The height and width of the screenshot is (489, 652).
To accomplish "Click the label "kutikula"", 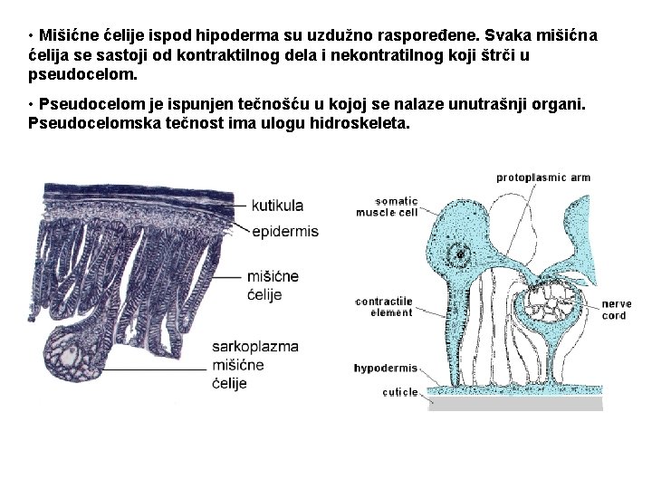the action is click(277, 206).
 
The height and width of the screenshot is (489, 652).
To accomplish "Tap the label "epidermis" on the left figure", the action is click(285, 231).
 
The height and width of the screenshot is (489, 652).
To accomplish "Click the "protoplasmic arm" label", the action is click(543, 177).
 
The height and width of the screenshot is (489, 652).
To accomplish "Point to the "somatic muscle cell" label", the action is click(387, 206).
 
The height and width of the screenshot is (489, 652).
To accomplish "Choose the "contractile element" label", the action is click(384, 307).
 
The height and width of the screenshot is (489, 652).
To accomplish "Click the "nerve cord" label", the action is click(616, 310).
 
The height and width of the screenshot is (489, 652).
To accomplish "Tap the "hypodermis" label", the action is click(386, 369).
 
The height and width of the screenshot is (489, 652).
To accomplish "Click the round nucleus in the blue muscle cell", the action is click(461, 254).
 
